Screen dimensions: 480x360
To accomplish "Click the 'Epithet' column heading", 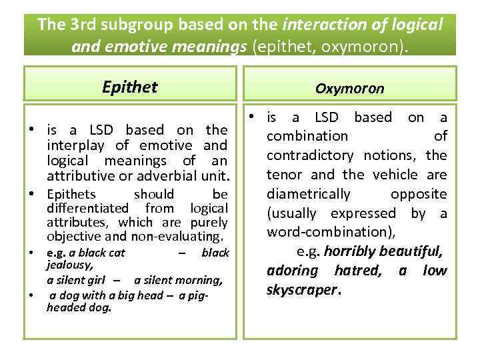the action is [129, 87].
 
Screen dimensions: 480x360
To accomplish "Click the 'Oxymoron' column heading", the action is [350, 88].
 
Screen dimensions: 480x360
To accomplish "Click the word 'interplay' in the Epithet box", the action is [75, 145].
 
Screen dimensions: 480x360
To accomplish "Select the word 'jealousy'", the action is [65, 265].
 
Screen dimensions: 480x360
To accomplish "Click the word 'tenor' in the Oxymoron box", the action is [286, 175].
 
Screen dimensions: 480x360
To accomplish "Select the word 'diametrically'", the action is [308, 194].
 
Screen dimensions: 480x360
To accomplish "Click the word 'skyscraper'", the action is [303, 291].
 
